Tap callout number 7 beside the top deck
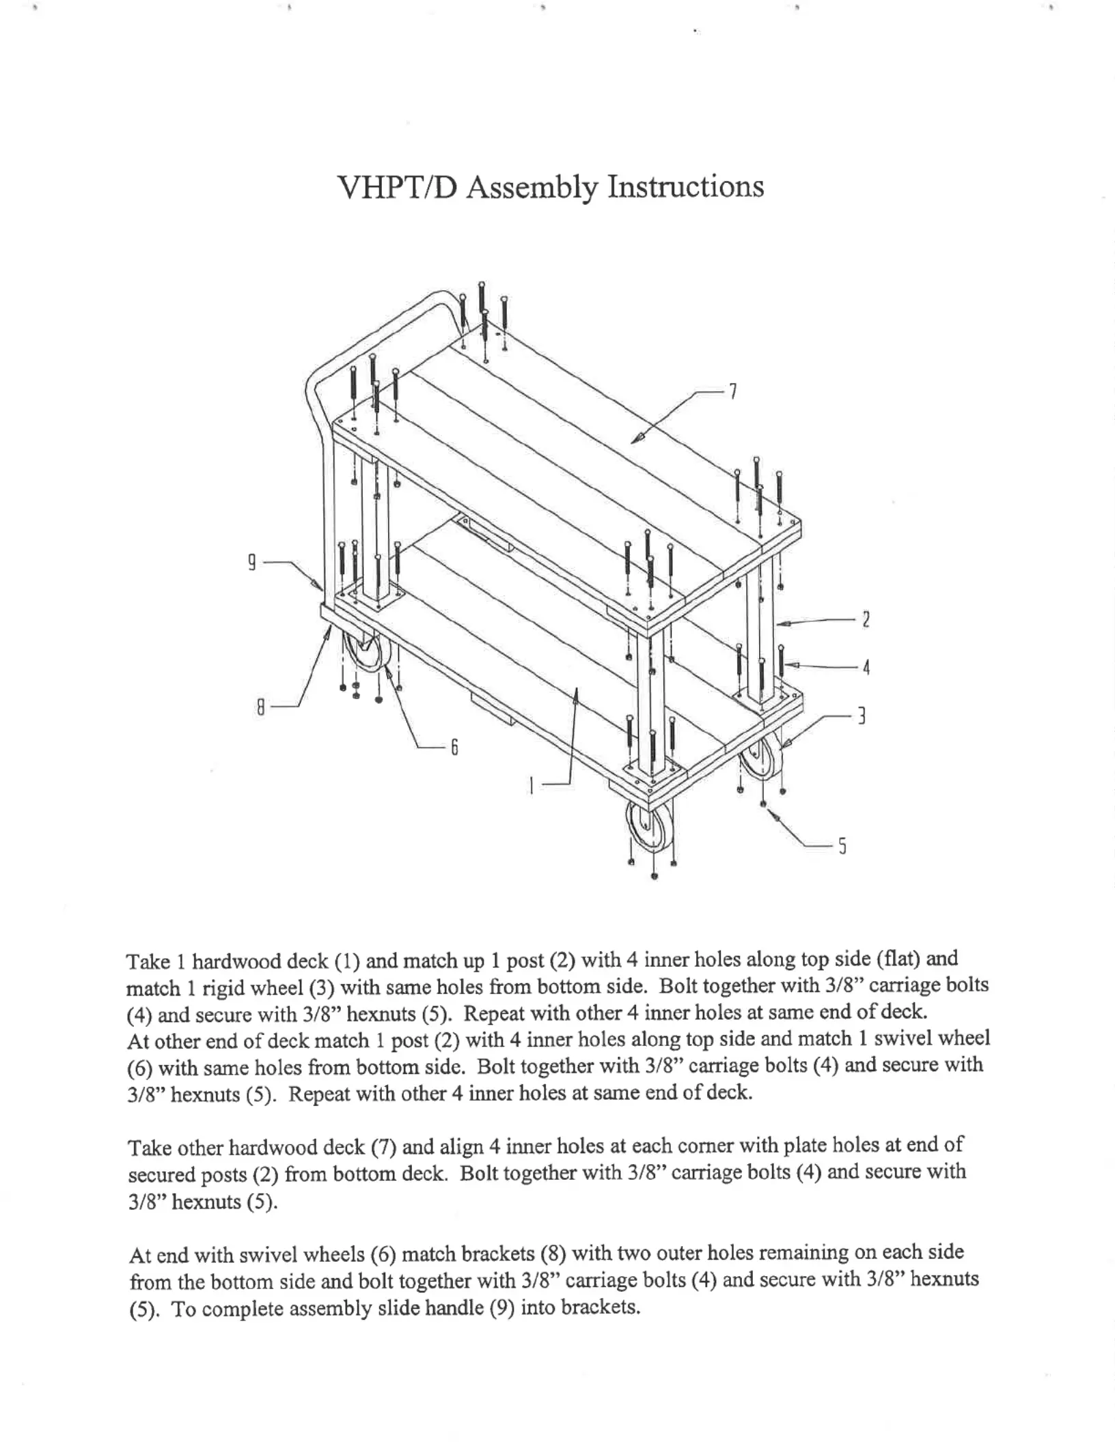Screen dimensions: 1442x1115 pos(732,391)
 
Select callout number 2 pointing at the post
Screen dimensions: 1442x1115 pos(866,620)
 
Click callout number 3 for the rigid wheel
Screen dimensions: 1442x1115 pos(862,716)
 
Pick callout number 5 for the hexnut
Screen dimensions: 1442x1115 pos(842,847)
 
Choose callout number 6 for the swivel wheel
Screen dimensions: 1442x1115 pos(454,748)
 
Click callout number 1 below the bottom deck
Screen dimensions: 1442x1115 pos(532,787)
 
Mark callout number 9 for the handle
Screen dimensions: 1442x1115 pos(252,563)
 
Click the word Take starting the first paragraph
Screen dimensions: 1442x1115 pos(149,962)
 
